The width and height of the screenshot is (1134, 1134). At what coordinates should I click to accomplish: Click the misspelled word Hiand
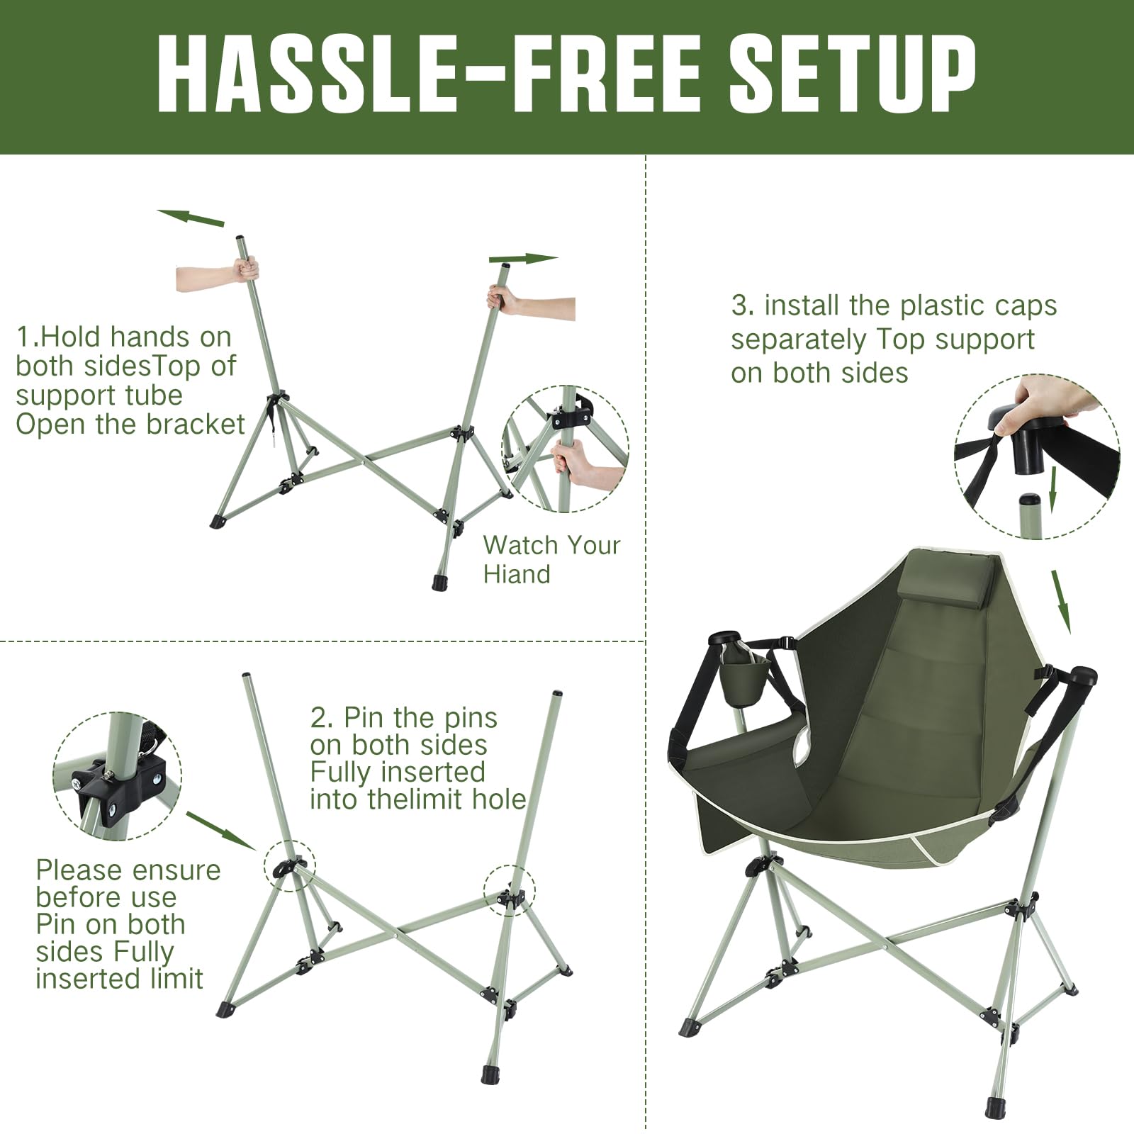(x=517, y=574)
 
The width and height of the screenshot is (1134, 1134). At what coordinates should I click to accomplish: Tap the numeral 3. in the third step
(x=743, y=306)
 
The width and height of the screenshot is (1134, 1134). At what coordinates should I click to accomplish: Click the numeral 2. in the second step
(x=322, y=717)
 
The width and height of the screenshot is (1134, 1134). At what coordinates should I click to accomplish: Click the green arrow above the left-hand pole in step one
(x=191, y=217)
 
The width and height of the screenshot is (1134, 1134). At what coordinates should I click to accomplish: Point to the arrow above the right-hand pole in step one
(x=523, y=259)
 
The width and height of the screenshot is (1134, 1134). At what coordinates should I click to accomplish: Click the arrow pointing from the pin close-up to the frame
(x=220, y=831)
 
